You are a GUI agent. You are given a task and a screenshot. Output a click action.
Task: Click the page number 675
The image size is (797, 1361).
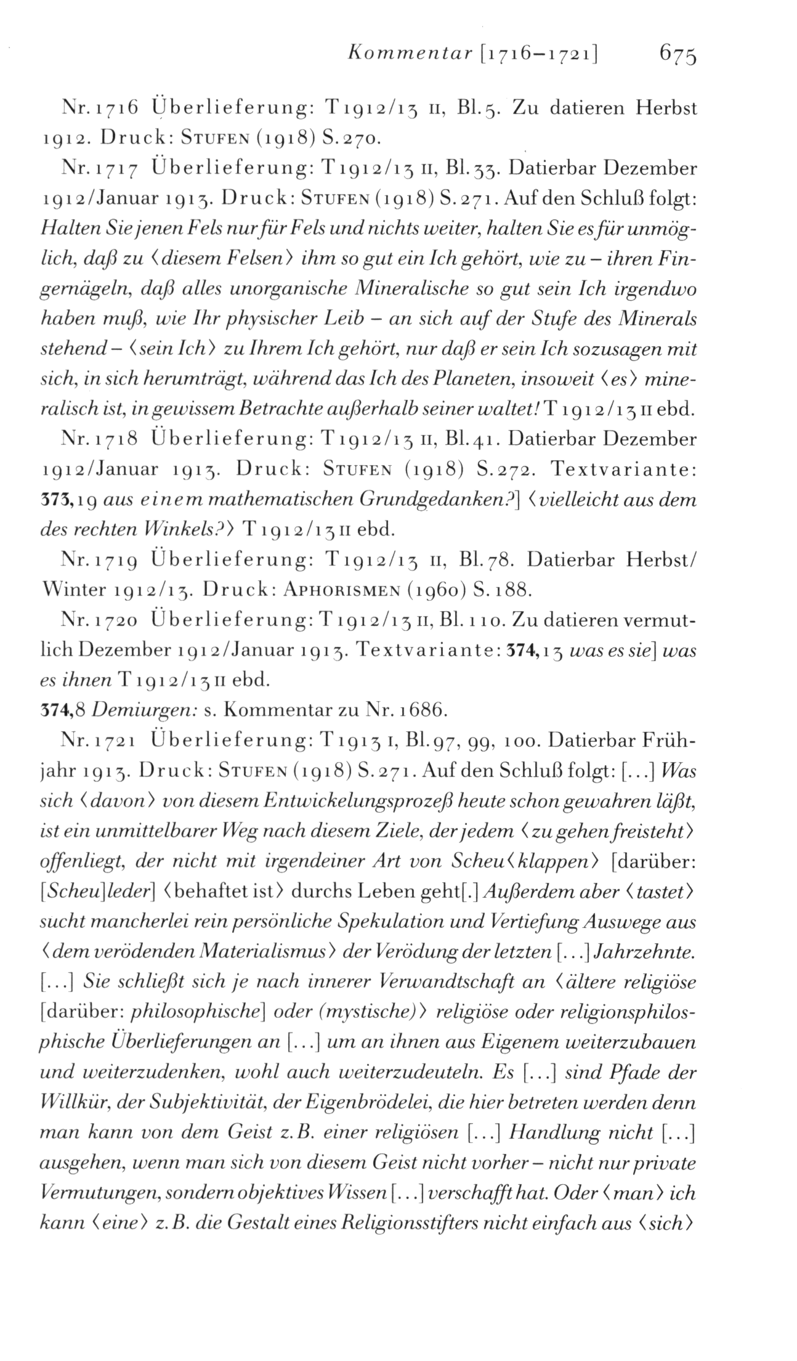pyautogui.click(x=677, y=56)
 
